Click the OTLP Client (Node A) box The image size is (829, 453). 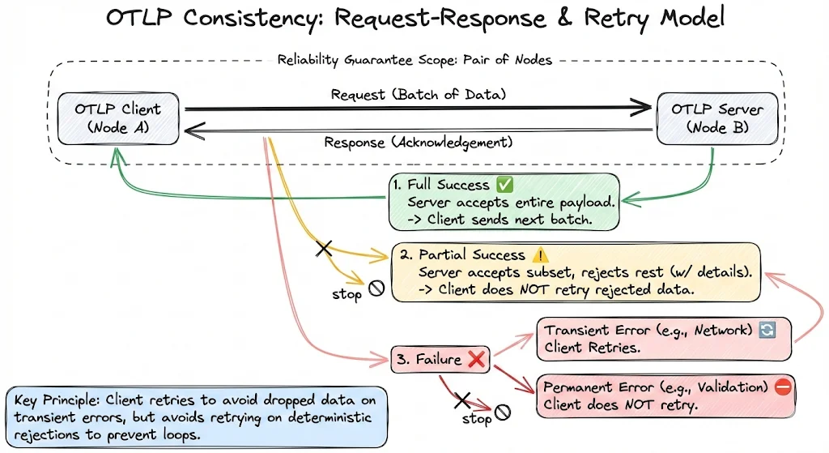pos(119,120)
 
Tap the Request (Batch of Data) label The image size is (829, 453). pos(418,94)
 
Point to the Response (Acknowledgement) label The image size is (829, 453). pos(418,143)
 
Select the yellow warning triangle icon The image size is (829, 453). pos(540,254)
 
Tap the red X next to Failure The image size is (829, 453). pos(476,360)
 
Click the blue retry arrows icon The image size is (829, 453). pos(768,331)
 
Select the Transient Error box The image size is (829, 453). pos(663,339)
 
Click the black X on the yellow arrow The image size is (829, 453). pos(324,248)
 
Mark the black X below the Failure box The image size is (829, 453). pos(461,399)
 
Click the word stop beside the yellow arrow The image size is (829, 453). pos(346,294)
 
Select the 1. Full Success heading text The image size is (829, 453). pos(444,186)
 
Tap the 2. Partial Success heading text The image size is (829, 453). pos(461,254)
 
